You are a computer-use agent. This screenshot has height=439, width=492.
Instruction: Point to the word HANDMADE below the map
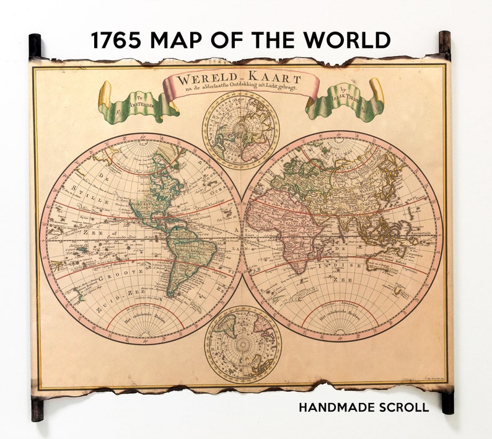(335, 407)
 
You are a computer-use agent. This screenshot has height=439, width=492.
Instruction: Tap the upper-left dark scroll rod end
(35, 45)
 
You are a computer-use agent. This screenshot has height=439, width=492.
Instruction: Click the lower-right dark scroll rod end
(447, 402)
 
